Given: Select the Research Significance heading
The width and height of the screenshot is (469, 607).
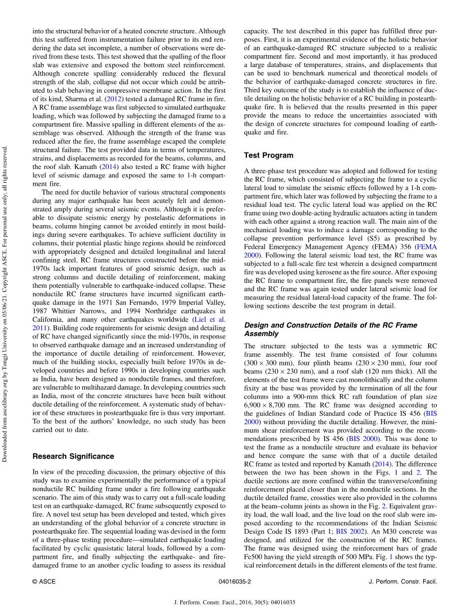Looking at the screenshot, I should point(73,456).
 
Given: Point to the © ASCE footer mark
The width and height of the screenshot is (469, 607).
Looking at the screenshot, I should point(44,581).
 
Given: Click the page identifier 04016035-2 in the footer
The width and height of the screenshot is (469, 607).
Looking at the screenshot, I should point(234,581).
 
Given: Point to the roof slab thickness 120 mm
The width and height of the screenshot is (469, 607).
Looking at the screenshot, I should point(372,371).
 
